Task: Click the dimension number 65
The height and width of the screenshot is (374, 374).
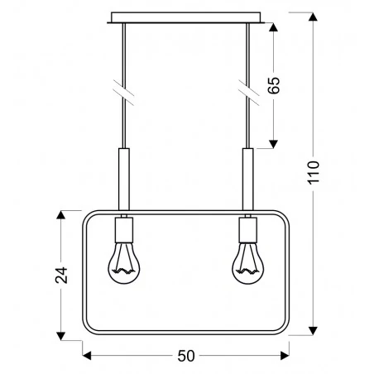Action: tap(276, 85)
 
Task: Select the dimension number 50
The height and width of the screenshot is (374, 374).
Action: tap(187, 357)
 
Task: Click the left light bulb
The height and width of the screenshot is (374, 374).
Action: tap(125, 262)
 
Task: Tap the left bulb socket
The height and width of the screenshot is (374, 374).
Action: tap(125, 228)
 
